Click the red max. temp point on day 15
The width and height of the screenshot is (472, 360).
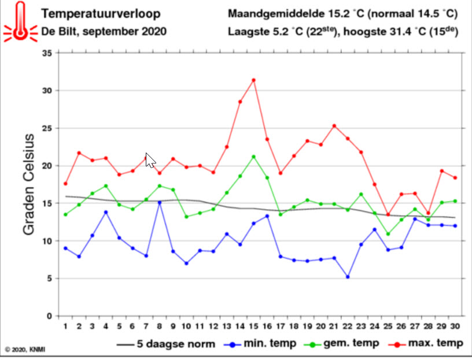click(253, 80)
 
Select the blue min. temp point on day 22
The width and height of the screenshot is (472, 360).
click(348, 277)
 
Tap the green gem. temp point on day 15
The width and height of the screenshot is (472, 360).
click(253, 157)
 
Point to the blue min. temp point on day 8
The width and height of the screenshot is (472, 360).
click(160, 202)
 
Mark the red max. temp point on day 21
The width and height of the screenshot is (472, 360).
click(334, 126)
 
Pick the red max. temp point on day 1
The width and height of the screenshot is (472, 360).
click(65, 184)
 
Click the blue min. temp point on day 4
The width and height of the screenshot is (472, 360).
click(106, 212)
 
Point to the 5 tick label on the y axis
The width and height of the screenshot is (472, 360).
click(50, 279)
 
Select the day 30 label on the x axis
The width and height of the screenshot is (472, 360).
click(456, 327)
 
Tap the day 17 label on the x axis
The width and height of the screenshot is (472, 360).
click(280, 327)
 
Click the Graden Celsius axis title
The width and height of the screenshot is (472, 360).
click(29, 184)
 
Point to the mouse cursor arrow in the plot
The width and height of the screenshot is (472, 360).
click(150, 159)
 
